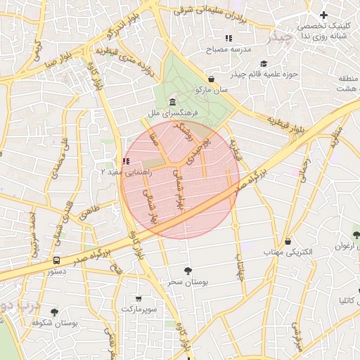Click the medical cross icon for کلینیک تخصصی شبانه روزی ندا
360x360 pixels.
[323, 15]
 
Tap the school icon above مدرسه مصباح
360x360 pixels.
[228, 37]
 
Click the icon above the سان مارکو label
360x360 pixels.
[212, 79]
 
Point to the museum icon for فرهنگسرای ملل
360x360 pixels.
[173, 103]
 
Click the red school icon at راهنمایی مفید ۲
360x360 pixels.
[126, 161]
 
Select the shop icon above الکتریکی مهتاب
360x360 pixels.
[288, 241]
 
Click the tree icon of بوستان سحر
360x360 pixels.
[187, 271]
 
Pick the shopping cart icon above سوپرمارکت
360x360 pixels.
[138, 298]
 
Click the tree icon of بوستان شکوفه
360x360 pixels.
[54, 311]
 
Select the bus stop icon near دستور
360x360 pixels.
[56, 260]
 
